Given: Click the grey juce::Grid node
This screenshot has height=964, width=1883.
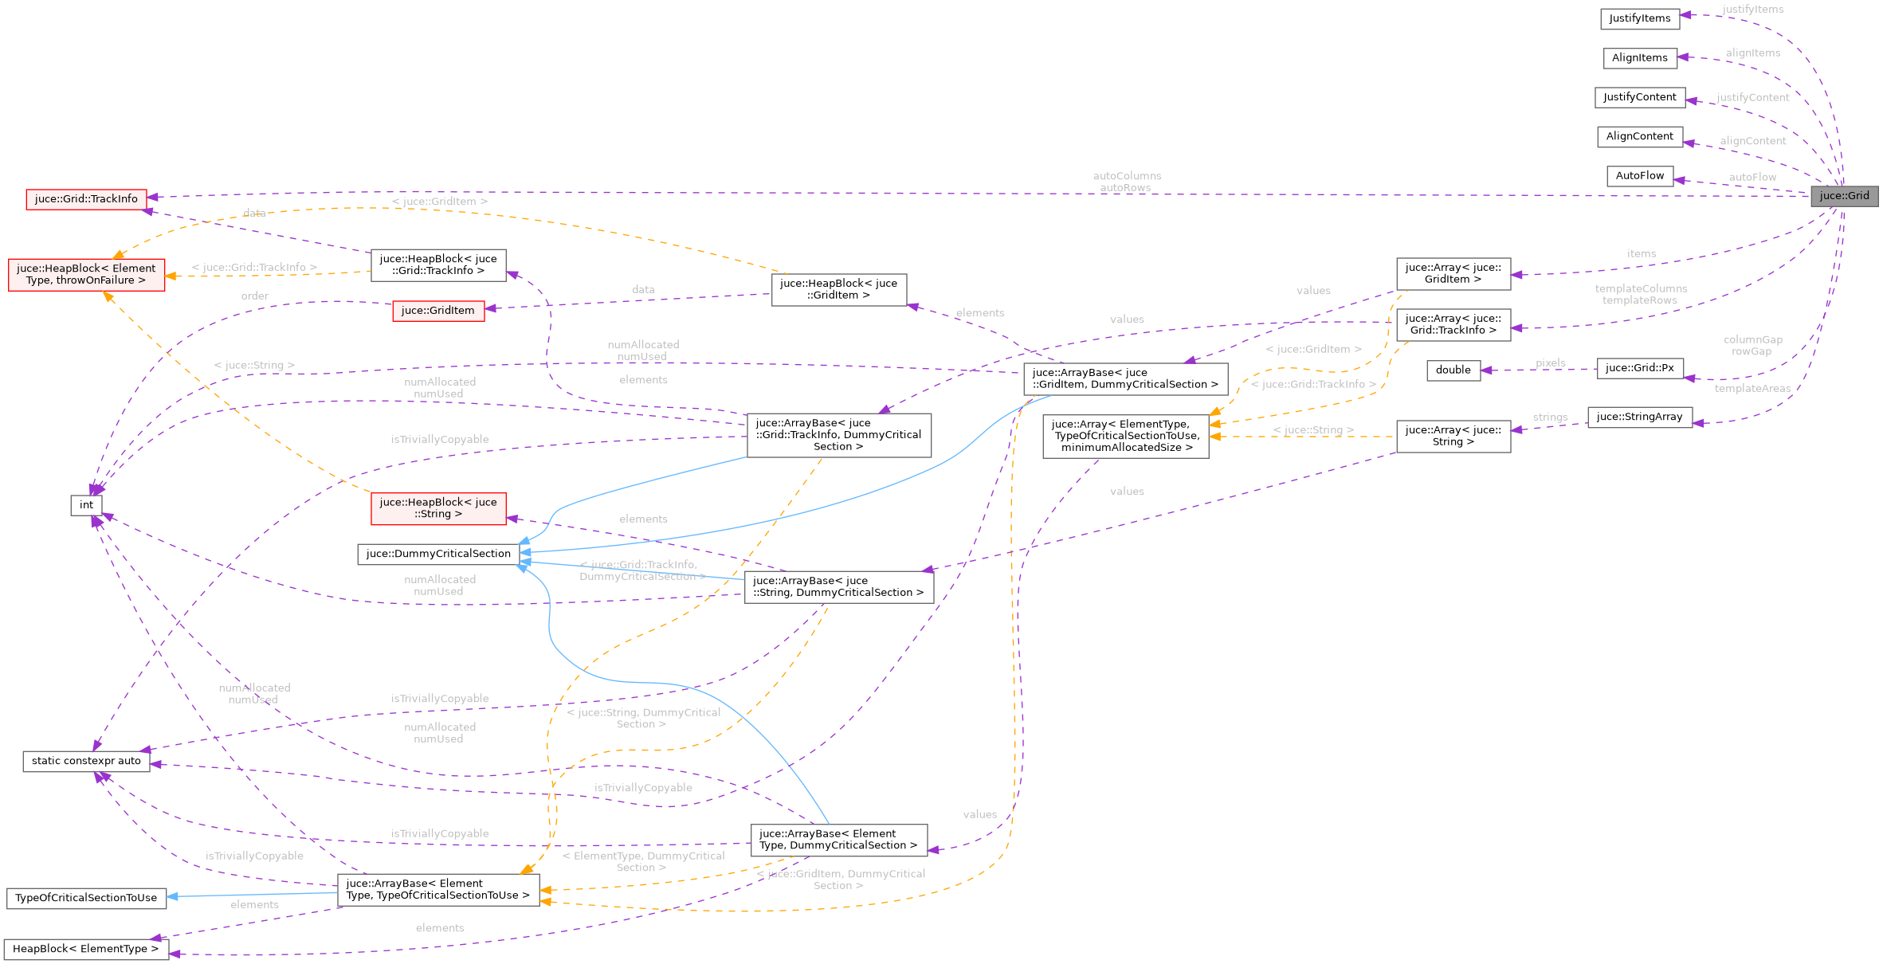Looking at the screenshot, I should pos(1844,196).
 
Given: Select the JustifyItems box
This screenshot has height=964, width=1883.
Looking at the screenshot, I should pos(1639,18).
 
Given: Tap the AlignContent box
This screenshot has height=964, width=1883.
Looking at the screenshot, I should pos(1639,136).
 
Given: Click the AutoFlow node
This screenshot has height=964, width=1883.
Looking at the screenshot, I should pos(1639,175).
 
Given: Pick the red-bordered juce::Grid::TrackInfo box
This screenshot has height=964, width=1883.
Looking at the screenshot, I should pos(86,199).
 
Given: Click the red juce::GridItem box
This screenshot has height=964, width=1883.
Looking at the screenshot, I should pos(437,311).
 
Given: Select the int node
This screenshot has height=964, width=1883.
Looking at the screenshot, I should pos(86,505).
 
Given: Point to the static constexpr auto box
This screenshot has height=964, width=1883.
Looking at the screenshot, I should pos(86,761).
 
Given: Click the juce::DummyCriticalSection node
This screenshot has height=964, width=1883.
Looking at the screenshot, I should pos(438,554).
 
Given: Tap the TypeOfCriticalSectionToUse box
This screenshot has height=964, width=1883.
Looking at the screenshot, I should pos(86,898).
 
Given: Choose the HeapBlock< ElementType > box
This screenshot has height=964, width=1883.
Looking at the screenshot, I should pos(86,949).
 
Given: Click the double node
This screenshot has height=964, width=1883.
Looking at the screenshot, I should pos(1453,370).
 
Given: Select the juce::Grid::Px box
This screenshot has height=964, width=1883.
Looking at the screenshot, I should pos(1639,368).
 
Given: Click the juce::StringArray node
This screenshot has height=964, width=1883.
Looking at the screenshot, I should pos(1639,417).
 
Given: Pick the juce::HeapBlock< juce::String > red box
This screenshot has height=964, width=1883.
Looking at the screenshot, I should pos(438,508).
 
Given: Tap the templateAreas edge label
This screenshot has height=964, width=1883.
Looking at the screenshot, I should pos(1752,389).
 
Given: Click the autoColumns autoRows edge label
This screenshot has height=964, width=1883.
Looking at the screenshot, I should pos(1126,182).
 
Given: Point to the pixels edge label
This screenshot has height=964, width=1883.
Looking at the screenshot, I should pos(1550,363).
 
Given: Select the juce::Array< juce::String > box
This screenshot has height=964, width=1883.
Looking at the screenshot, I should pos(1453,436).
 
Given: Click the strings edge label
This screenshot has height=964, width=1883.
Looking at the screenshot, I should pos(1549,417).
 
